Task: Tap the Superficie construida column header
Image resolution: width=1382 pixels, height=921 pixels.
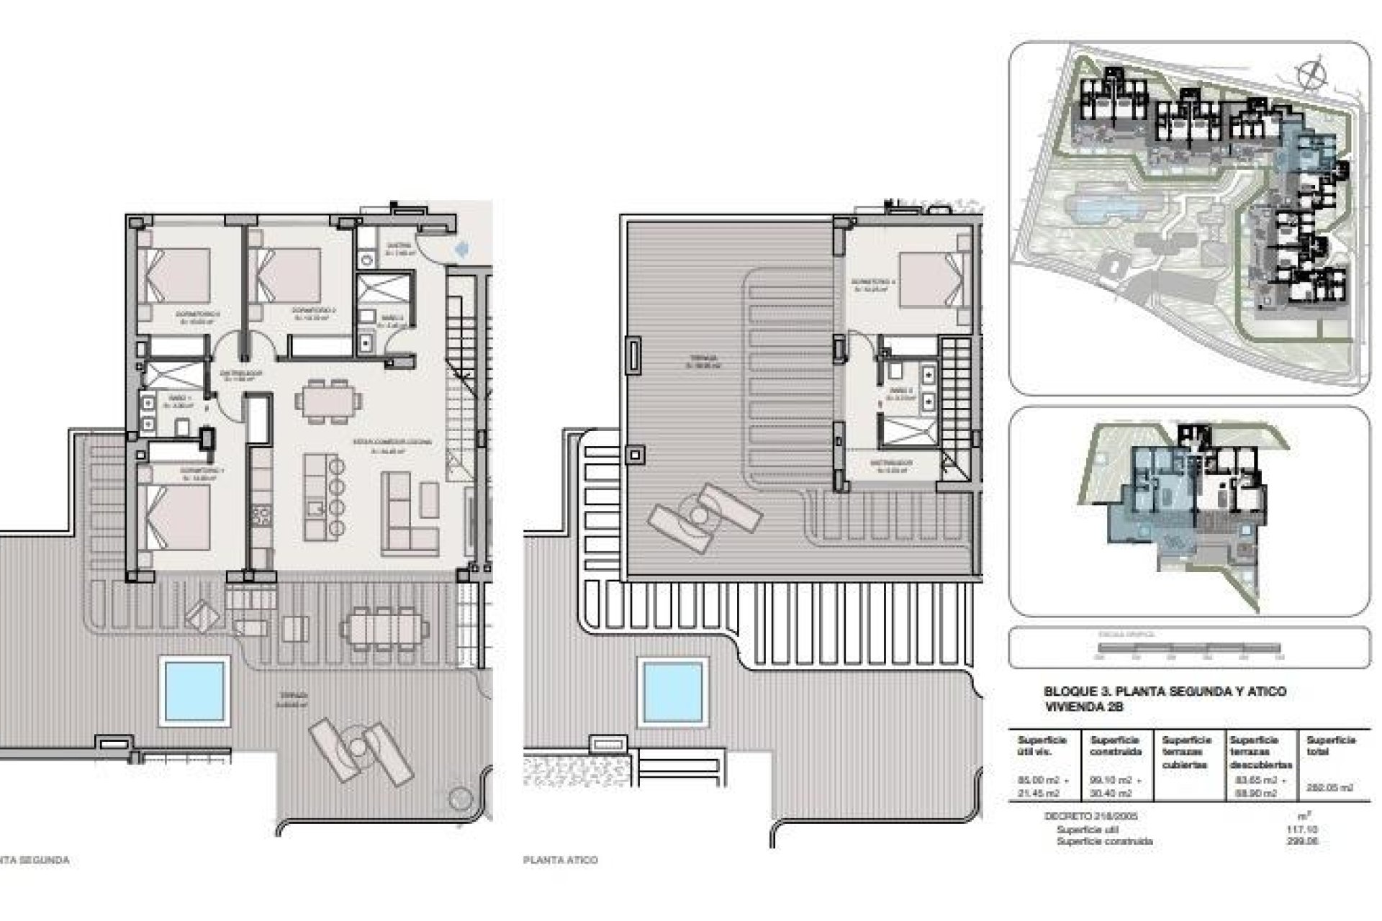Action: coord(1116,745)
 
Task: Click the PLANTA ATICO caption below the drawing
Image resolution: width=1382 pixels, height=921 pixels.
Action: coord(561,860)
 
